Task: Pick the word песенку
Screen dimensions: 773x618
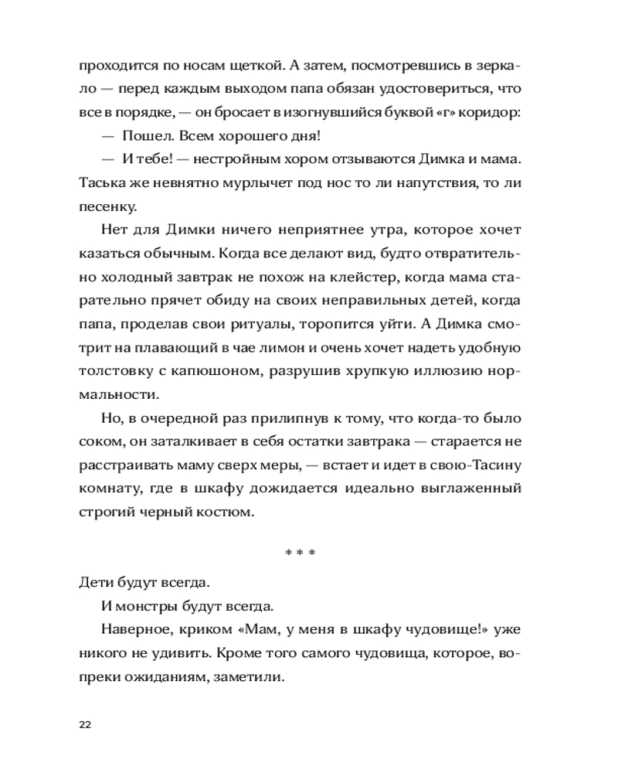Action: pos(108,207)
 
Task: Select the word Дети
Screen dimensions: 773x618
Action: pos(95,581)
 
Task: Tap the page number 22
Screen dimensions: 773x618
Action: pos(85,724)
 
